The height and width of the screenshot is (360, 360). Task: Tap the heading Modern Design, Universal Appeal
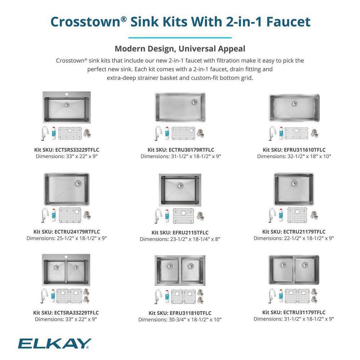[x=180, y=49]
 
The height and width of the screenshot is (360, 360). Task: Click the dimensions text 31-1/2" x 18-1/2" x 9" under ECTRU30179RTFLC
[x=181, y=156]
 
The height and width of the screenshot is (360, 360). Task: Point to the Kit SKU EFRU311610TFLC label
[x=294, y=150]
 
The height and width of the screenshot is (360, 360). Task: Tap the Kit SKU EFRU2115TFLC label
[x=180, y=233]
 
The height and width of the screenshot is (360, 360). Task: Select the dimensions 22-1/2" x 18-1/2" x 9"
[x=294, y=238]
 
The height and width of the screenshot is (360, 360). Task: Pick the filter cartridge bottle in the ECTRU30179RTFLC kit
[x=167, y=134]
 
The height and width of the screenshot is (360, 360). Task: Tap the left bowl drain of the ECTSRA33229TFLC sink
[x=57, y=267]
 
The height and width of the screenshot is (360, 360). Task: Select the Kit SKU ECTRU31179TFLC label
[x=294, y=312]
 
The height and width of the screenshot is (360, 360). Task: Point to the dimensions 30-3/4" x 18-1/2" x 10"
[x=180, y=319]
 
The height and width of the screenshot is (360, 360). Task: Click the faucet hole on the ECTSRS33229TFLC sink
[x=66, y=94]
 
